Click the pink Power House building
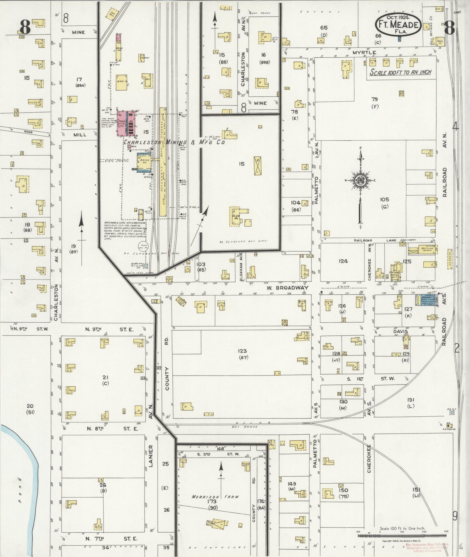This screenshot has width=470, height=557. coord(126,123)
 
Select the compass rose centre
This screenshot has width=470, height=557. coord(360,181)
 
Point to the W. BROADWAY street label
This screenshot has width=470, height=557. coord(287,288)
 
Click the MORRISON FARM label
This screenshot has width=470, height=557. coord(215,496)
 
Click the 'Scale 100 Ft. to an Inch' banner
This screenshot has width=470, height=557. coord(400,72)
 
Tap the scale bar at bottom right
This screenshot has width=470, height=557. coord(402,535)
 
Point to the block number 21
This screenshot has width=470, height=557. coord(105,378)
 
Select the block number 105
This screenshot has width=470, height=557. coord(385,200)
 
